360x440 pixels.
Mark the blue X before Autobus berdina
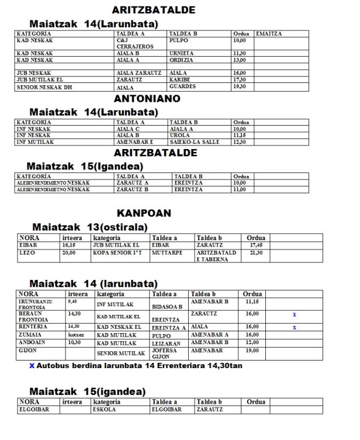(x=32, y=366)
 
